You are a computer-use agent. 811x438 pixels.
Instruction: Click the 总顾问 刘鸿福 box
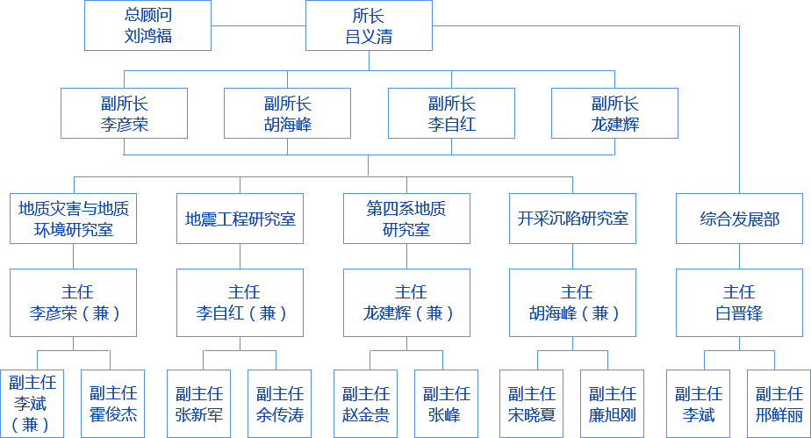point(147,25)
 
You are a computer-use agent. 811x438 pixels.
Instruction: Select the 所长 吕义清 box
point(369,25)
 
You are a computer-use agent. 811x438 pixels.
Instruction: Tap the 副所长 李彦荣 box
point(124,113)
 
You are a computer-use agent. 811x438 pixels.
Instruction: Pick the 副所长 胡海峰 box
point(287,113)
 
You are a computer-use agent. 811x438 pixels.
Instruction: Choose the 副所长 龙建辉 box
point(614,113)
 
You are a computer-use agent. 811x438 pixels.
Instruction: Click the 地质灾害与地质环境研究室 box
point(74,219)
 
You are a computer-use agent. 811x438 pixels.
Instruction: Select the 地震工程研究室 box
point(240,219)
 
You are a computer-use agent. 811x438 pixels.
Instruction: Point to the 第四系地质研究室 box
point(405,219)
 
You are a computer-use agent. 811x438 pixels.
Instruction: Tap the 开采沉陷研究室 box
point(572,219)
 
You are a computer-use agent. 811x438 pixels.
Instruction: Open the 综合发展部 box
point(739,219)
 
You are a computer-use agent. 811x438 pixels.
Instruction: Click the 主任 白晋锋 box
point(739,302)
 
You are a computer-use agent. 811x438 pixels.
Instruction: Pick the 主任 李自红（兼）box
point(240,302)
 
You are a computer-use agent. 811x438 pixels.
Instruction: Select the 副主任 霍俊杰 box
point(113,403)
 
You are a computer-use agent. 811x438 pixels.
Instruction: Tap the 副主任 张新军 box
point(199,403)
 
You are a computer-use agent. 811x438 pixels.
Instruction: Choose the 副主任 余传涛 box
point(280,403)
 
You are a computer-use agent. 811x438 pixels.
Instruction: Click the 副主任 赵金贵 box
point(365,403)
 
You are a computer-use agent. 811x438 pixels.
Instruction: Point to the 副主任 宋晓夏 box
point(532,403)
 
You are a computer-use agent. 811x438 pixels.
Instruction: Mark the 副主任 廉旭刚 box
point(613,403)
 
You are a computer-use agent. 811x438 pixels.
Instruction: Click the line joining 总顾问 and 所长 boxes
point(258,25)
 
